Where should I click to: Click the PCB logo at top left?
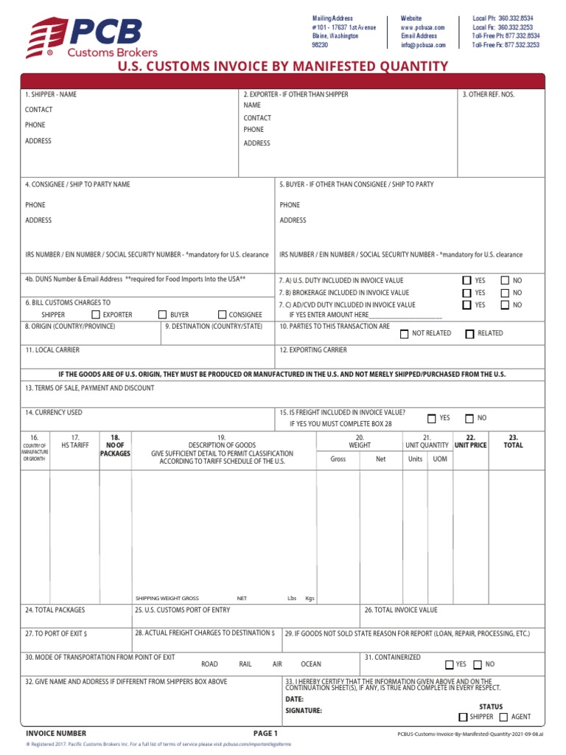(83, 38)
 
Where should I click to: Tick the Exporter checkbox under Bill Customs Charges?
(96, 315)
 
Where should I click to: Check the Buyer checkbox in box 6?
(163, 315)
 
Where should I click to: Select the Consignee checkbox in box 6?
(222, 315)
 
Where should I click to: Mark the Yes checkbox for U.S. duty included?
(467, 281)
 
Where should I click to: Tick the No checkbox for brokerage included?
(505, 293)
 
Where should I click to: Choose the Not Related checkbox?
(404, 334)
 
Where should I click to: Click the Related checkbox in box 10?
(469, 334)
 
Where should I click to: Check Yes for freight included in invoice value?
(432, 419)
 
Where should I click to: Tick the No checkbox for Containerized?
(478, 664)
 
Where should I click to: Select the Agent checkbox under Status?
(503, 717)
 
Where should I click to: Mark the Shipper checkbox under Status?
(463, 717)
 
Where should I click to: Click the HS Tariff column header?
(74, 441)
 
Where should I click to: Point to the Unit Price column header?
(470, 441)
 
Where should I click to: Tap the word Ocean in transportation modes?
(311, 664)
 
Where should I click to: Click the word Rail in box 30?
(245, 664)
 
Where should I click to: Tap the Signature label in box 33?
(304, 711)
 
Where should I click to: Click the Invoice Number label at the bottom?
(56, 734)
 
